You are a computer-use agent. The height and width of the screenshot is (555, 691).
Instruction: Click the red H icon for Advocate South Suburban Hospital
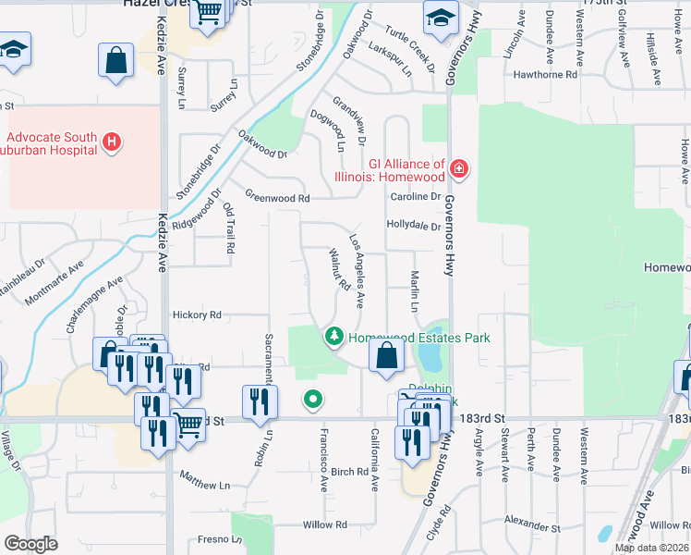click(x=111, y=142)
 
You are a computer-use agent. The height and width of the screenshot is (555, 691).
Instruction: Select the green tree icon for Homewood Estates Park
click(x=333, y=338)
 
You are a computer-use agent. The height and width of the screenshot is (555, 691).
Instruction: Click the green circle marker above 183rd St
click(x=313, y=400)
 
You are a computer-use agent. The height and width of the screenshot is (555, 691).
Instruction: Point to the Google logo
click(x=31, y=543)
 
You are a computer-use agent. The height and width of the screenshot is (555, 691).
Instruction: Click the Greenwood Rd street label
click(x=276, y=197)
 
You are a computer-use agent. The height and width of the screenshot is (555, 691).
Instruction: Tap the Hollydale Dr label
click(x=414, y=225)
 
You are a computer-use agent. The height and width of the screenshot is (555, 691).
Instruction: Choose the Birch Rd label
click(x=349, y=472)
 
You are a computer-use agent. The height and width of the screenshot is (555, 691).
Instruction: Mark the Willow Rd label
click(x=324, y=524)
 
